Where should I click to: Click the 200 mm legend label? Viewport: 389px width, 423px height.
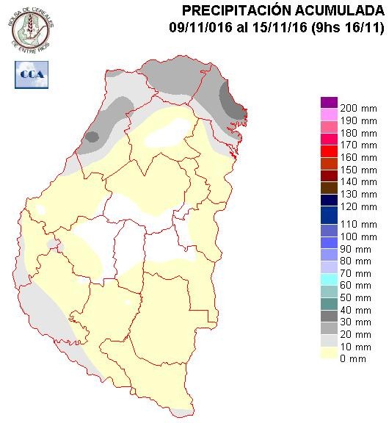click(356, 109)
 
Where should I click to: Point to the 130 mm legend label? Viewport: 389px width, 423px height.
click(356, 193)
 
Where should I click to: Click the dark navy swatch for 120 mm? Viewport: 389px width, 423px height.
click(329, 200)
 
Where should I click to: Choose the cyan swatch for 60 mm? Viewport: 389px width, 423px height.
click(329, 279)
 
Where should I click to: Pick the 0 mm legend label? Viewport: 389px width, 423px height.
click(351, 358)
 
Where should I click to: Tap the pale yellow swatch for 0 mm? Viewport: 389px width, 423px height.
click(329, 352)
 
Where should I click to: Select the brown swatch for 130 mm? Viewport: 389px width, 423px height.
click(329, 187)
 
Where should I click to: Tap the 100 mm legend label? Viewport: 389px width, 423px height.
click(356, 237)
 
